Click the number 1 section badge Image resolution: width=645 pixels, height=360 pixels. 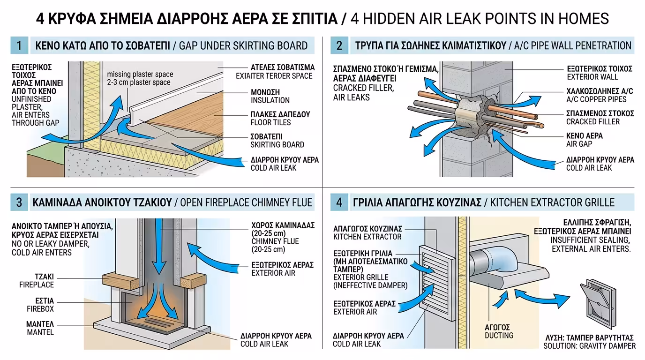[x=19, y=45]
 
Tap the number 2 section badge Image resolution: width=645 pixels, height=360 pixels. [x=339, y=45]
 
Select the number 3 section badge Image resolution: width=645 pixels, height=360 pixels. [x=19, y=202]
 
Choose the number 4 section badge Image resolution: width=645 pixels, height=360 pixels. [x=339, y=202]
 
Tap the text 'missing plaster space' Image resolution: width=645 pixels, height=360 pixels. [x=140, y=74]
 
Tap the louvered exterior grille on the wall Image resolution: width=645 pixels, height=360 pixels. [x=436, y=277]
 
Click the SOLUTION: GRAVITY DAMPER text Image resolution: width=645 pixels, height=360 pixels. [x=589, y=346]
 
